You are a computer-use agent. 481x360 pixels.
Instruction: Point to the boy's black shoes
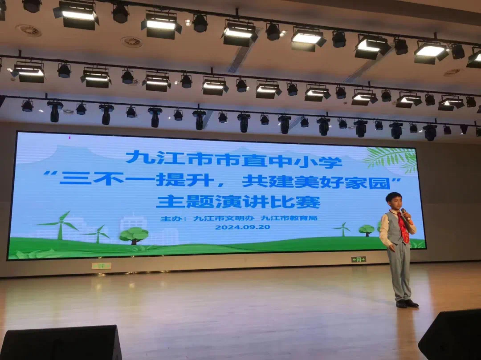point(407,303)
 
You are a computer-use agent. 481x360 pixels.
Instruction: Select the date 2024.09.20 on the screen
point(242,227)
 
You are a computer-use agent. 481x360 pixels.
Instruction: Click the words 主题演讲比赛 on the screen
point(238,202)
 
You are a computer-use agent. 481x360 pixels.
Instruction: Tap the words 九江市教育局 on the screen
point(289,218)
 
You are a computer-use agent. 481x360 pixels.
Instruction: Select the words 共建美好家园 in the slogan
point(316,182)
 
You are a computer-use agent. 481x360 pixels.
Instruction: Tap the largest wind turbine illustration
point(61,225)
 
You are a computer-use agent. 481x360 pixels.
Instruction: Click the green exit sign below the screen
point(359,259)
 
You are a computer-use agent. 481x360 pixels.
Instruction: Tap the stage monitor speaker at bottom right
point(451,336)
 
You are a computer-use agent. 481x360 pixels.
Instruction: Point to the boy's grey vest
point(394,228)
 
